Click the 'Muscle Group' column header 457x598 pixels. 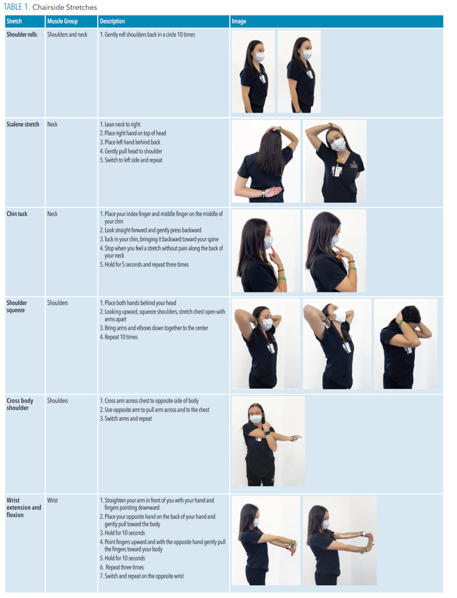pyautogui.click(x=62, y=21)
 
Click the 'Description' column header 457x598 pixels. pyautogui.click(x=112, y=21)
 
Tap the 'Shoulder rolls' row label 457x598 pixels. pyautogui.click(x=22, y=35)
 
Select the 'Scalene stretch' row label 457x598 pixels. pyautogui.click(x=23, y=125)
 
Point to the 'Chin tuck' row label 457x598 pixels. pyautogui.click(x=17, y=214)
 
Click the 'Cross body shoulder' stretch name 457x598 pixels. pyautogui.click(x=19, y=405)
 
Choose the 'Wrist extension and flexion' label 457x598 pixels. pyautogui.click(x=23, y=508)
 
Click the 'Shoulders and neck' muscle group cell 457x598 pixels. pyautogui.click(x=67, y=35)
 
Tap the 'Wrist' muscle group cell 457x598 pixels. pyautogui.click(x=52, y=501)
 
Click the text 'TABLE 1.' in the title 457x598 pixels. pyautogui.click(x=17, y=7)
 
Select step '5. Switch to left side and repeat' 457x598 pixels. pyautogui.click(x=131, y=160)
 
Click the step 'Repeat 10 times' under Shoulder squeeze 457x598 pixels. pyautogui.click(x=119, y=337)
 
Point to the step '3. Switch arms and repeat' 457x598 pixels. pyautogui.click(x=126, y=419)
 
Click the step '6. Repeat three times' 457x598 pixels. pyautogui.click(x=122, y=568)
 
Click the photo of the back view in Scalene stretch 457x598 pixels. pyautogui.click(x=266, y=161)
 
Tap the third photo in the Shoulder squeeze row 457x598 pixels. pyautogui.click(x=405, y=344)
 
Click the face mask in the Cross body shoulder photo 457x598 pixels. pyautogui.click(x=256, y=419)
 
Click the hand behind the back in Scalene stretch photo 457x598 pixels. pyautogui.click(x=272, y=192)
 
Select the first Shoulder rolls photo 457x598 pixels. pyautogui.click(x=253, y=72)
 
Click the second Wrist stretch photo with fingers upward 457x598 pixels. pyautogui.click(x=339, y=540)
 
